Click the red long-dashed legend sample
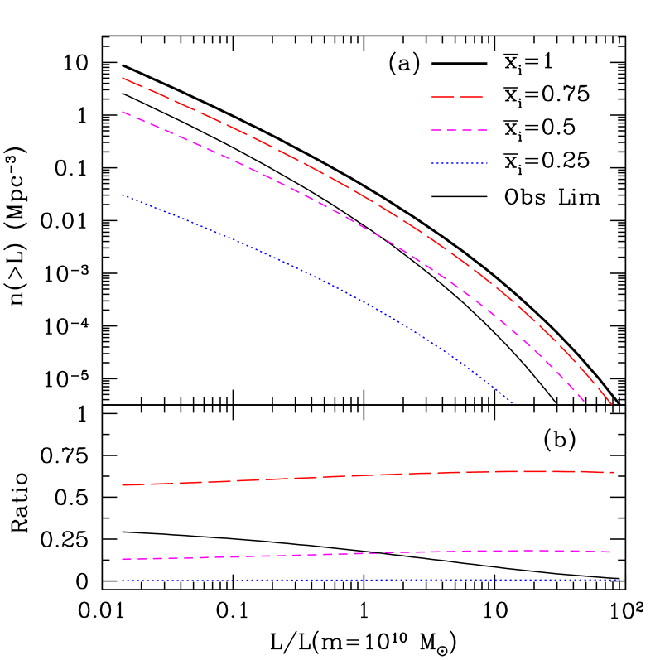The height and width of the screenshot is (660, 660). pyautogui.click(x=457, y=97)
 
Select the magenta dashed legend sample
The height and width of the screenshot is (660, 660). pyautogui.click(x=459, y=130)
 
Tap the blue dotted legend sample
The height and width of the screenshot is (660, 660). pyautogui.click(x=460, y=163)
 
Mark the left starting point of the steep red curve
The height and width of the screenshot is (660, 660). pyautogui.click(x=123, y=78)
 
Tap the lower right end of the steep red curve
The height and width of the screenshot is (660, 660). pyautogui.click(x=612, y=405)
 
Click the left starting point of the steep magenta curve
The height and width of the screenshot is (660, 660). pyautogui.click(x=123, y=112)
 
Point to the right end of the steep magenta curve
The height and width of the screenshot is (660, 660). pyautogui.click(x=585, y=403)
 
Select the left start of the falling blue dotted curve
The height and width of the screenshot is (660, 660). pyautogui.click(x=123, y=195)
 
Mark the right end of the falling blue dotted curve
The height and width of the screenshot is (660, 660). pyautogui.click(x=513, y=403)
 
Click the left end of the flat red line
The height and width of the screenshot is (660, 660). pyautogui.click(x=123, y=484)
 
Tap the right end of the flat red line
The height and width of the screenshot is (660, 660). pyautogui.click(x=614, y=473)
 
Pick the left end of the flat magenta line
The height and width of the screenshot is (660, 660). pyautogui.click(x=123, y=559)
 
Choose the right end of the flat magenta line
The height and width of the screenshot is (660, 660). pyautogui.click(x=612, y=552)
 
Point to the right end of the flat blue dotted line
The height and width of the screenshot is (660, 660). pyautogui.click(x=619, y=580)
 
